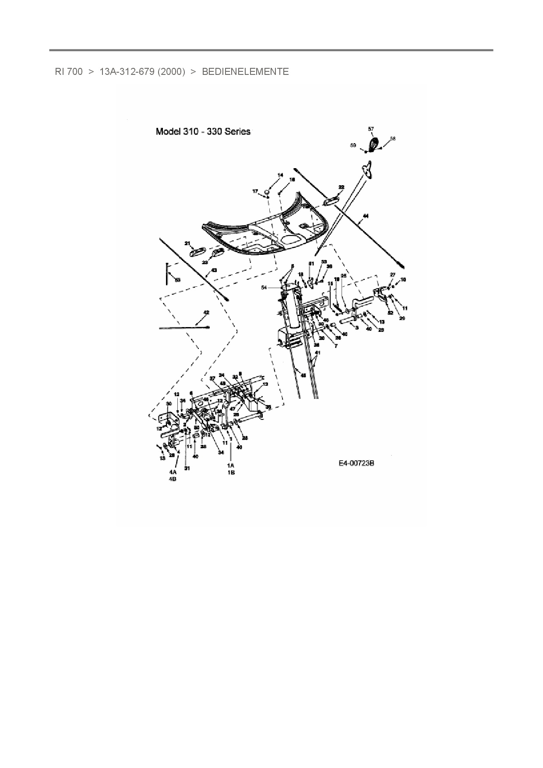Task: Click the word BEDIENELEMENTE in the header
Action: click(x=245, y=72)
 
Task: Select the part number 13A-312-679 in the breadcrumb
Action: click(x=127, y=72)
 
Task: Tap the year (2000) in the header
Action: click(x=171, y=72)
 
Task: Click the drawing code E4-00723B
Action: click(x=356, y=463)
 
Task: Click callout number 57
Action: click(x=371, y=129)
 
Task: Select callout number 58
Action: click(x=392, y=139)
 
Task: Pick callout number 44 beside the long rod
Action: click(x=366, y=216)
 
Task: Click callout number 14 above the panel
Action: click(x=280, y=175)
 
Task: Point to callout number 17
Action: click(x=254, y=191)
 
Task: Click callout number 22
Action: click(x=341, y=187)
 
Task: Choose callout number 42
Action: click(x=206, y=313)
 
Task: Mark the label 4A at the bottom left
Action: click(x=173, y=472)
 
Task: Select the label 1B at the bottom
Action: click(x=231, y=472)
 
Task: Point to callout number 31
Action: click(x=187, y=469)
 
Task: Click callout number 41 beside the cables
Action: click(x=317, y=352)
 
